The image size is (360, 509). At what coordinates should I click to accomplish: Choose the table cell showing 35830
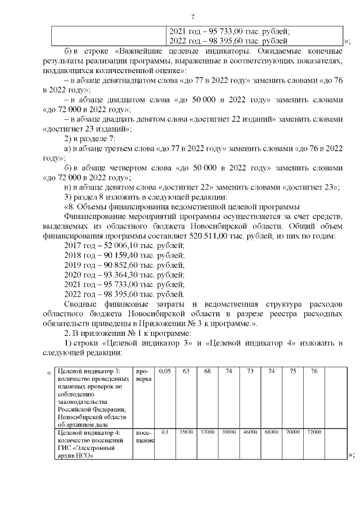[x=184, y=432]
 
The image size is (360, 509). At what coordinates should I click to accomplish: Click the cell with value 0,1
[x=164, y=432]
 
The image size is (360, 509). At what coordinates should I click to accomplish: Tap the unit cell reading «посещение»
[x=145, y=436]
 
